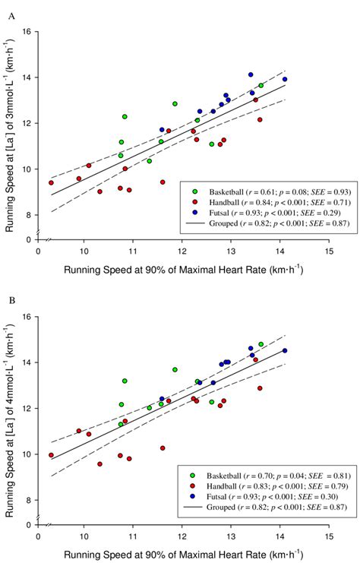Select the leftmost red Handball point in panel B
51,455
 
